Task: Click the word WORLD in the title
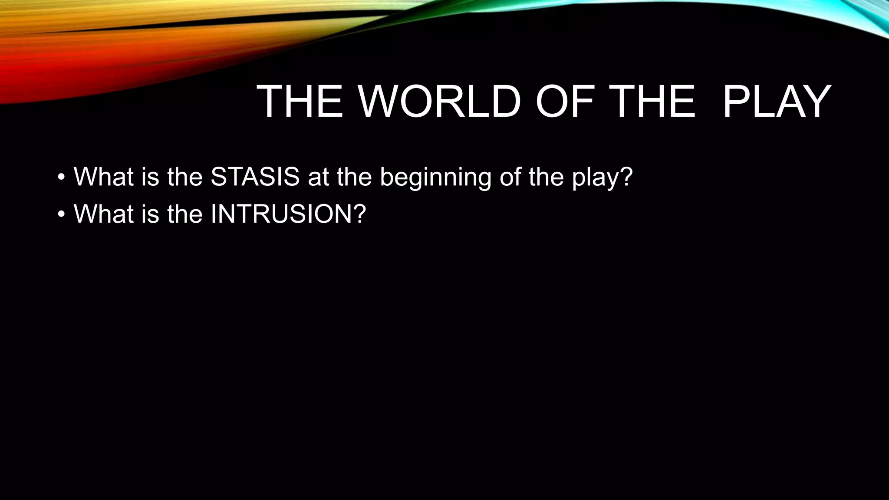click(439, 102)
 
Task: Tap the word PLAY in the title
click(777, 102)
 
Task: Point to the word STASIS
click(255, 177)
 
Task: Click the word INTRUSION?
click(288, 214)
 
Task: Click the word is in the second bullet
click(150, 214)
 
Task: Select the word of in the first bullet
click(510, 177)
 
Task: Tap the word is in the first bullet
click(150, 177)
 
